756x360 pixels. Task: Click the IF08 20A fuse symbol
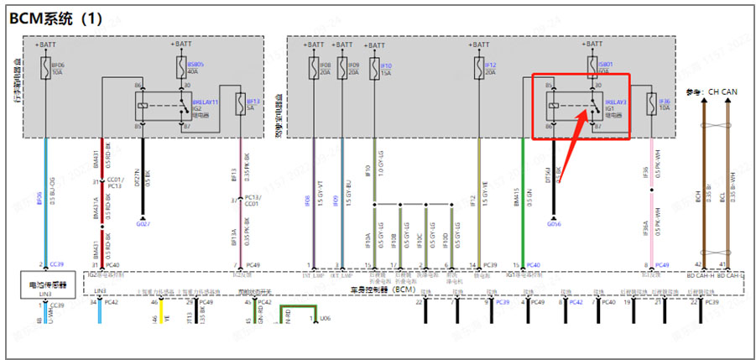click(313, 66)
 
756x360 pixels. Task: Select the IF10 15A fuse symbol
click(374, 66)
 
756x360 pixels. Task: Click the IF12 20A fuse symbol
click(478, 66)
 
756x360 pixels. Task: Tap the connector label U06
click(326, 318)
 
